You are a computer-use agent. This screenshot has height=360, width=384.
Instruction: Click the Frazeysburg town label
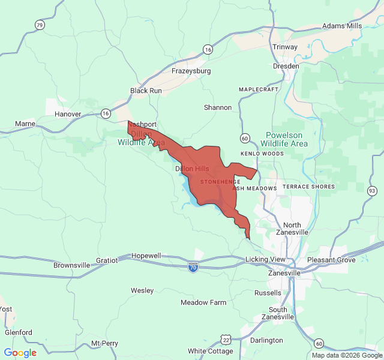tap(191, 71)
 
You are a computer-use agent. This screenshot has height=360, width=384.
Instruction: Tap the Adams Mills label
tap(342, 26)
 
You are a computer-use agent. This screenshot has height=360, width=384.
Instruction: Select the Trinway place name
tap(285, 47)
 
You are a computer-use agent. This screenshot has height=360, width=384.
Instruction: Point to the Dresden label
tap(286, 66)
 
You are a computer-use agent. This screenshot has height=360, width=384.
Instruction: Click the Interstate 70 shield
tap(193, 266)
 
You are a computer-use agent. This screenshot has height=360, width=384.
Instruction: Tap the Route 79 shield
tap(40, 25)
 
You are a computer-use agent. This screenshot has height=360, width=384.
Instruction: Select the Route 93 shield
tap(372, 191)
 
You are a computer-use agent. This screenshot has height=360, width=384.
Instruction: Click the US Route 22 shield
tap(226, 340)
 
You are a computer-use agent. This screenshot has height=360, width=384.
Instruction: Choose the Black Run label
tap(146, 91)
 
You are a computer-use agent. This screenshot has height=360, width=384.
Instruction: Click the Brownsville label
tap(71, 265)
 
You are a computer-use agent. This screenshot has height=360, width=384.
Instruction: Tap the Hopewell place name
tap(146, 256)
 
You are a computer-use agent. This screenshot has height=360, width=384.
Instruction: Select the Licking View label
tap(266, 259)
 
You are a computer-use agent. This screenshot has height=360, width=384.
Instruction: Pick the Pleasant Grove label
tap(331, 260)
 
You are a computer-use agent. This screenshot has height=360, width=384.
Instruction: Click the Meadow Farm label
tap(203, 302)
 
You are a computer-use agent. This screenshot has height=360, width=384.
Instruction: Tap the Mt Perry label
tap(104, 344)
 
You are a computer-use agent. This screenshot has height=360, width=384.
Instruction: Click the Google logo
tap(20, 353)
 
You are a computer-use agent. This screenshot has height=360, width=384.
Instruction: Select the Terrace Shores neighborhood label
tap(309, 187)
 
